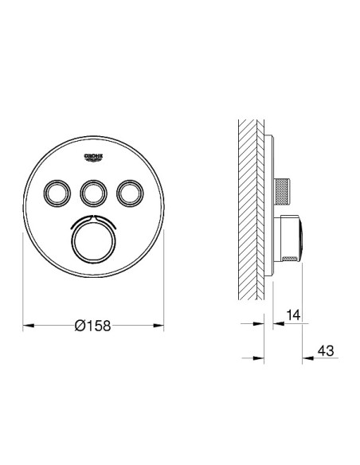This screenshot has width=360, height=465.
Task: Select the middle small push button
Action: (x=93, y=192)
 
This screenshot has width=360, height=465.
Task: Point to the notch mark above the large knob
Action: (x=93, y=217)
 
